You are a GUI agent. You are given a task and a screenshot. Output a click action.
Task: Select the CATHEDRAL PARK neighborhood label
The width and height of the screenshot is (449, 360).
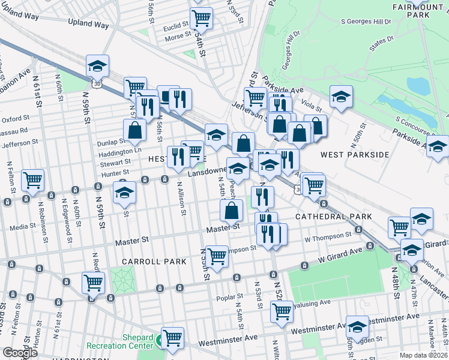coord(333,216)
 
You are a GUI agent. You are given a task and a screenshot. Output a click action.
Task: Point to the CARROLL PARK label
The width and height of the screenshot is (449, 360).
coord(146,262)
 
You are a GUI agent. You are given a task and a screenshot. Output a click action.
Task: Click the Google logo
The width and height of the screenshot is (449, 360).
coord(20,353)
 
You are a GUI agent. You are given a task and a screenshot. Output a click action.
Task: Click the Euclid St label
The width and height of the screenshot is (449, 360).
coord(177,26)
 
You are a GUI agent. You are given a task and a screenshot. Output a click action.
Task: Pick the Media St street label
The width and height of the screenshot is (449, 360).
coord(23,227)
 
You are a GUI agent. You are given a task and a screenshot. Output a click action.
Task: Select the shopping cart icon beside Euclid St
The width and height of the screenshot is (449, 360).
coord(201,17)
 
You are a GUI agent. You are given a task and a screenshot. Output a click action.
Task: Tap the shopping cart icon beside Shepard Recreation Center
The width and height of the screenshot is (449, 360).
coord(173,337)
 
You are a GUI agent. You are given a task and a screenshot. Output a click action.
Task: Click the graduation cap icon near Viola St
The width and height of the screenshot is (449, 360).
coord(341,96)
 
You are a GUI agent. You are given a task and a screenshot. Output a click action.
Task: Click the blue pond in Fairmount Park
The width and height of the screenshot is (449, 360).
coord(418,86)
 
